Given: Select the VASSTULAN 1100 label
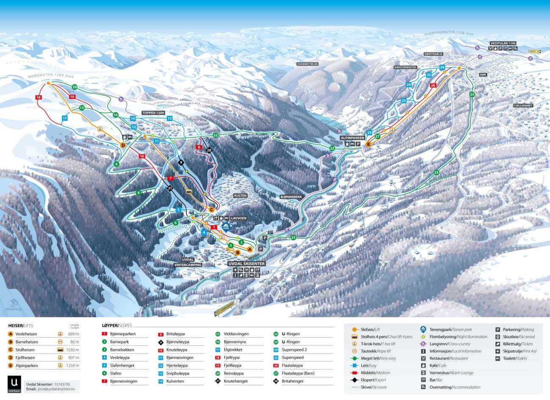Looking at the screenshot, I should click(503, 43).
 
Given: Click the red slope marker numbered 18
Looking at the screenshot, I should click(39, 97).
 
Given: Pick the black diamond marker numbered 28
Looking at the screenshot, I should click(208, 150).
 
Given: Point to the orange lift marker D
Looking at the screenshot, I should click(123, 145).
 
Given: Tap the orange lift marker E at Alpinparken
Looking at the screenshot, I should click(368, 144).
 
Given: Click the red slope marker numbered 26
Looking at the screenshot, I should click(433, 85).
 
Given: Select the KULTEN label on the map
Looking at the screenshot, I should click(240, 196).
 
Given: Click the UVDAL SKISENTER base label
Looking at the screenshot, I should click(246, 264).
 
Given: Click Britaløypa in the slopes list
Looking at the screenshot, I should click(175, 334).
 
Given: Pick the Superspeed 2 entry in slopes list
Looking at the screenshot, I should click(294, 350).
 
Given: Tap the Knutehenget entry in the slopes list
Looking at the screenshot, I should click(236, 381).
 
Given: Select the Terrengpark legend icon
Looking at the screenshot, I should click(423, 329).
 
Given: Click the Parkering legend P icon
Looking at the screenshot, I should click(498, 329).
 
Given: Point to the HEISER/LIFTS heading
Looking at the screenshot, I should click(21, 326).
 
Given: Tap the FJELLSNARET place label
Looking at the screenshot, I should click(523, 105).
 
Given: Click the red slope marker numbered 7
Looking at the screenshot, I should click(170, 178).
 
